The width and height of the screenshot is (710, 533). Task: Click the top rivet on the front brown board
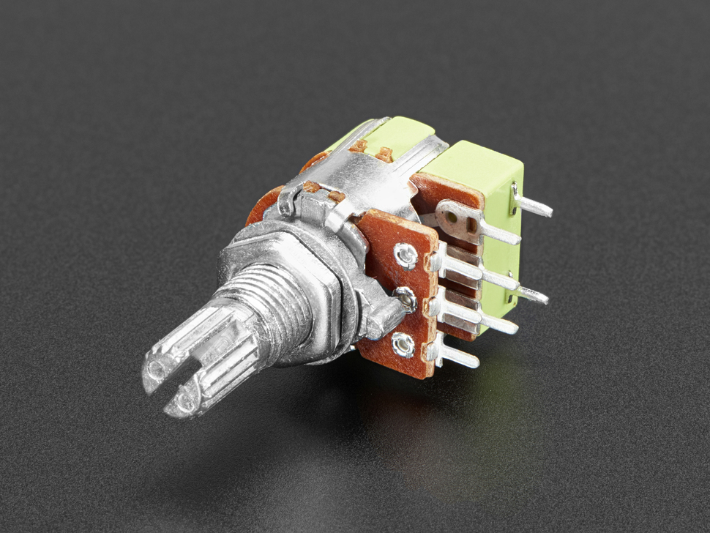coord(405,253)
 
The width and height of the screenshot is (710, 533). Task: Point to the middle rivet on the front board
coord(403,296)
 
